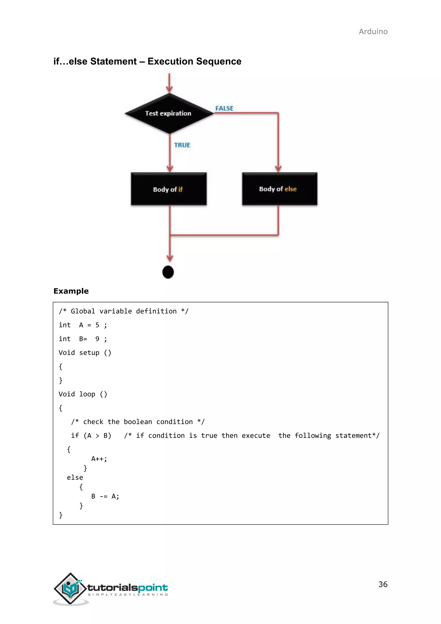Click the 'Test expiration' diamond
point(169,113)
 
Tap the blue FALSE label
point(224,108)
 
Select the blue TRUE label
point(182,145)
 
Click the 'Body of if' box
point(169,189)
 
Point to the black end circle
point(168,272)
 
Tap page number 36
point(383,584)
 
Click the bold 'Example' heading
point(71,291)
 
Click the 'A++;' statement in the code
point(99,459)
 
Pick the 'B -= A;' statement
point(105,496)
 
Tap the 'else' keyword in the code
point(75,477)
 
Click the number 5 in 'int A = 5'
point(97,325)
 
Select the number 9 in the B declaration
point(97,339)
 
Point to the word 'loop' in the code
point(87,394)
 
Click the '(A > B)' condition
point(97,436)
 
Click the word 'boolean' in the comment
point(138,422)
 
